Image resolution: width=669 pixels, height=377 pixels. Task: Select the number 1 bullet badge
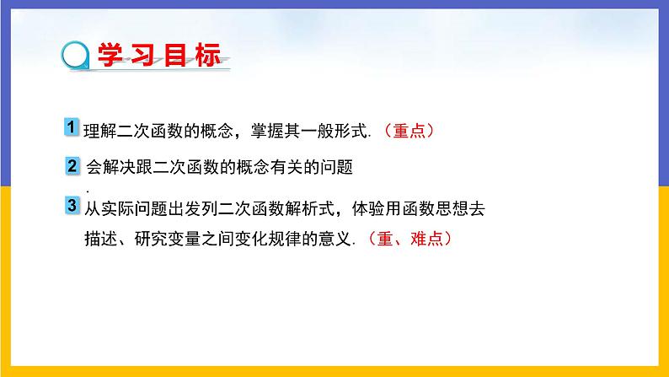72,127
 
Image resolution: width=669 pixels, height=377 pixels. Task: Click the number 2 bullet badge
72,167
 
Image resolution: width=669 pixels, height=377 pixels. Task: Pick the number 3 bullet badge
72,204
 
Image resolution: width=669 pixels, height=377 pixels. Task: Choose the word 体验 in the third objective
356,205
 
